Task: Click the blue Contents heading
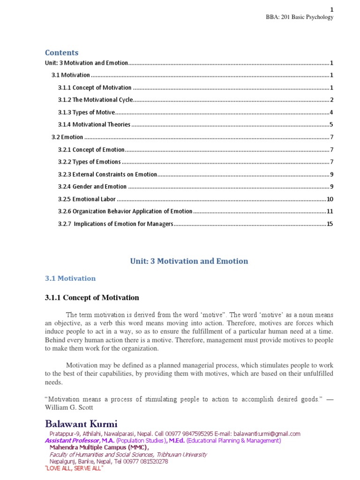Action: [x=61, y=52]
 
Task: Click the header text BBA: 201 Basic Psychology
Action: [x=300, y=17]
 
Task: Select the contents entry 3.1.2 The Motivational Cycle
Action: [x=95, y=100]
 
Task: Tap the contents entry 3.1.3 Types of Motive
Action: [x=86, y=112]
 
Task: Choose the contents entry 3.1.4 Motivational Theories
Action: [x=94, y=125]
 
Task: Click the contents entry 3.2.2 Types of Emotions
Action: [x=89, y=162]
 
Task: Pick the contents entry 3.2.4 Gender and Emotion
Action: [x=92, y=187]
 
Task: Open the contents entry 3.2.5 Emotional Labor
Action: [x=87, y=199]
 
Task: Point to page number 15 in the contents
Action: [x=330, y=224]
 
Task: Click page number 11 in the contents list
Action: [x=330, y=211]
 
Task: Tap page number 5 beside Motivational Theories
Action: [x=331, y=125]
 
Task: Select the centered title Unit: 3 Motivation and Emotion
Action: [x=189, y=261]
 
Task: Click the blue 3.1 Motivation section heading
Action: [x=70, y=278]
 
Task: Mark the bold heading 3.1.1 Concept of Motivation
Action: [x=92, y=298]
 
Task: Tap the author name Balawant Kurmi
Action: [x=81, y=424]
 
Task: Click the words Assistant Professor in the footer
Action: [x=72, y=441]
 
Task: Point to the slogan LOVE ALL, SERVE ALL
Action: [x=74, y=468]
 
